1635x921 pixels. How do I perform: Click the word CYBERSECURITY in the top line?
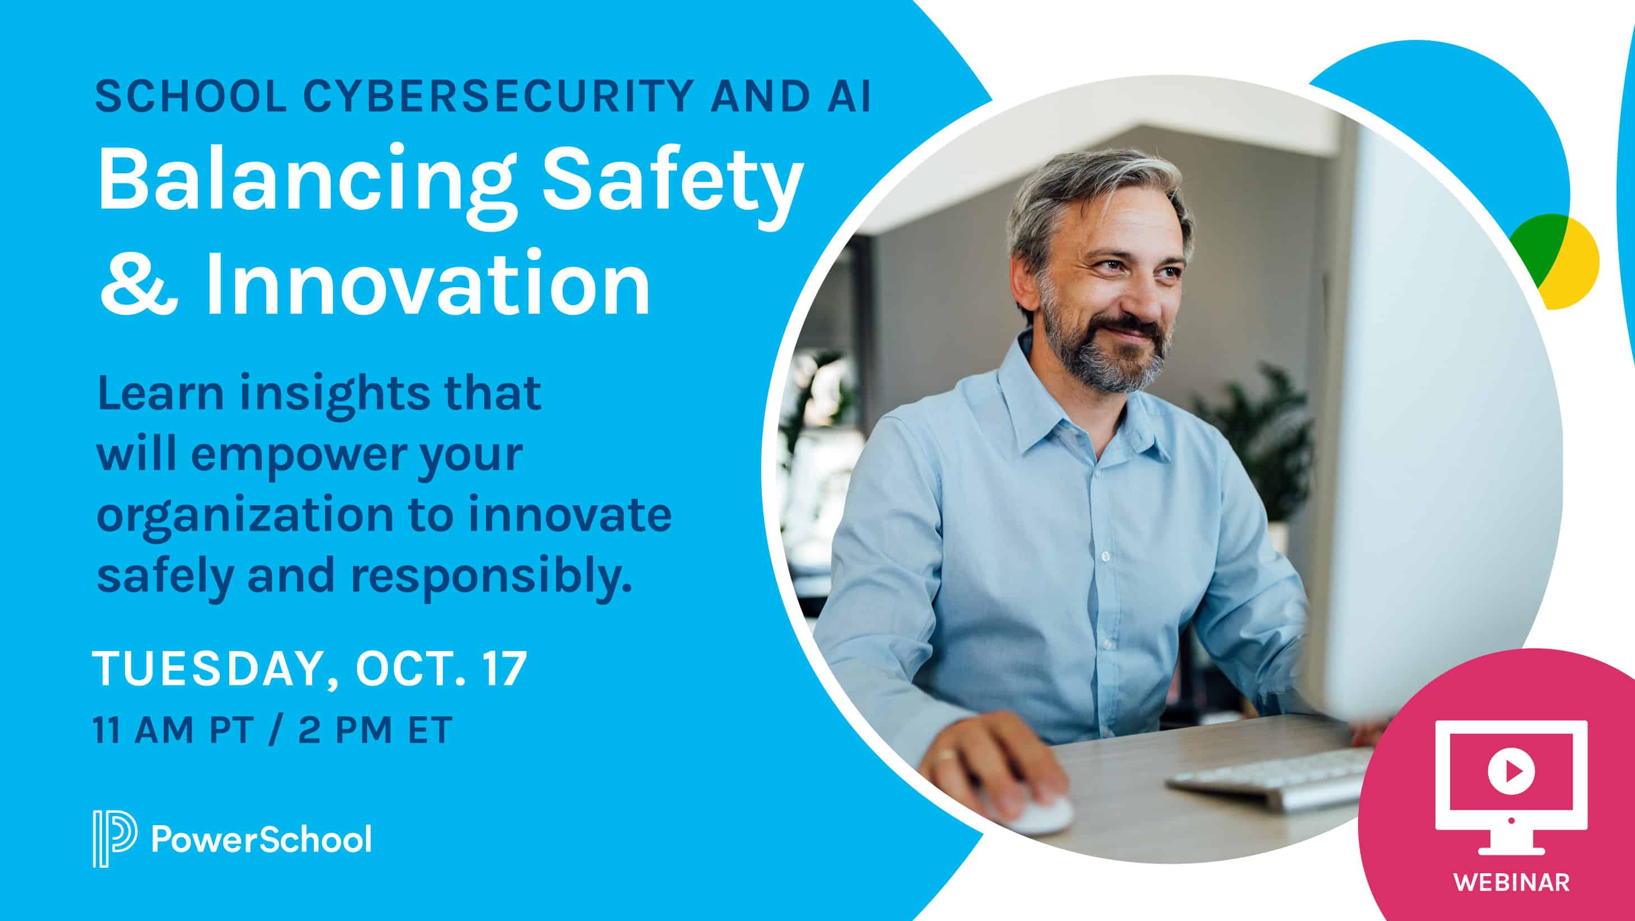point(498,96)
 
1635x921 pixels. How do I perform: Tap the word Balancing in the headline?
point(305,179)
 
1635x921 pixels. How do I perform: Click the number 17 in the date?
point(504,668)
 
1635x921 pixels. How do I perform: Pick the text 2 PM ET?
point(374,730)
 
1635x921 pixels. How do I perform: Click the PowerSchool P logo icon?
point(114,839)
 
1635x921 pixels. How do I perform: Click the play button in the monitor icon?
point(1511,771)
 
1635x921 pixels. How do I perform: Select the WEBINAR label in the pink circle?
point(1512,882)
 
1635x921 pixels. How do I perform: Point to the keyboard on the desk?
point(1270,780)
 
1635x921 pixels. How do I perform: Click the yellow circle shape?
point(1581,267)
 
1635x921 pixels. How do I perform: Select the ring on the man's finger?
point(946,756)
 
